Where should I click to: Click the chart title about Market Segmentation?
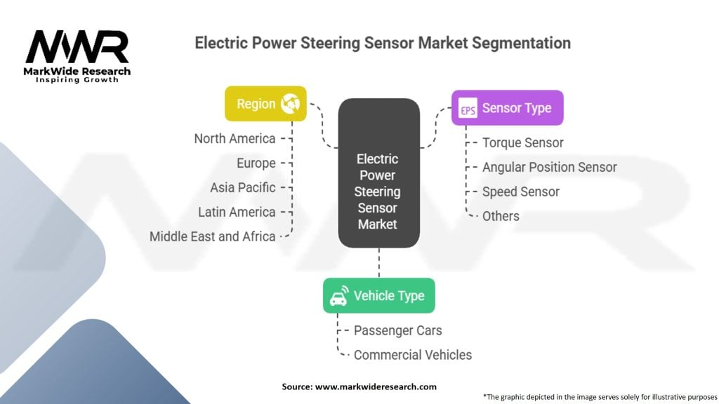coord(382,43)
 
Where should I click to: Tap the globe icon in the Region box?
coord(289,105)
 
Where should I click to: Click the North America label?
coord(235,139)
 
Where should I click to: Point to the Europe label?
coord(256,163)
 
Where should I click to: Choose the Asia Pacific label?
coord(242,188)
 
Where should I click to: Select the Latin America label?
coord(237,212)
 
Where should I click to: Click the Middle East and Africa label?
coord(212,236)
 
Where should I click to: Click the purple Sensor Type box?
coord(507,108)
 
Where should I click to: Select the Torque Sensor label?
coord(522,143)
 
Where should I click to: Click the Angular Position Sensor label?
coord(549,168)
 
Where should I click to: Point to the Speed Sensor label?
coord(520,191)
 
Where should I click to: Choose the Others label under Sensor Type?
coord(501,216)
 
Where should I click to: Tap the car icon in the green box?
coord(338,296)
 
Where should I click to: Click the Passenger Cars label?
coord(397,330)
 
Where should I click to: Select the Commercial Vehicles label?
coord(412,355)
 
